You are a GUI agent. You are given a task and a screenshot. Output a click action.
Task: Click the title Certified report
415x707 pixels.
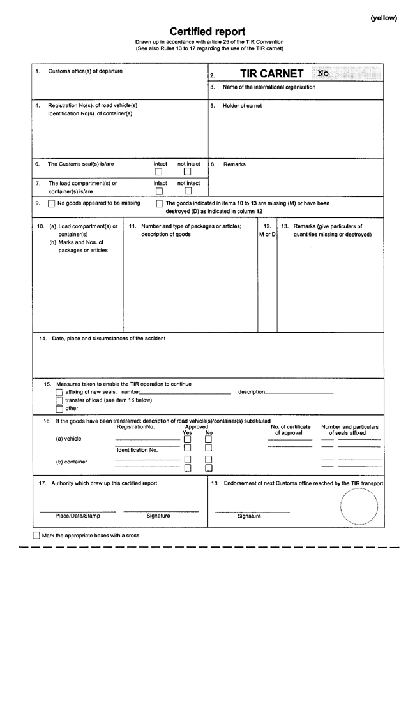[x=207, y=31]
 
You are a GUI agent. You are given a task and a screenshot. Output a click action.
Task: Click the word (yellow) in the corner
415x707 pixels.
[x=384, y=18]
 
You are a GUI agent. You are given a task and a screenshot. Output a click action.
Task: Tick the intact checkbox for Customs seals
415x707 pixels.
[x=159, y=171]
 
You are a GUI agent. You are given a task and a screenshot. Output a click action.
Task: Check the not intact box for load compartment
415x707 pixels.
[x=188, y=191]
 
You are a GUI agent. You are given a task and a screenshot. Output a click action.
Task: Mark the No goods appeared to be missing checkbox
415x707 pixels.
[x=52, y=204]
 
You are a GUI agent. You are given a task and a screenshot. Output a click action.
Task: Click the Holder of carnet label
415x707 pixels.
[x=242, y=106]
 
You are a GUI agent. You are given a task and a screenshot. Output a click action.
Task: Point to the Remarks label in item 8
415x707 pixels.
[x=234, y=164]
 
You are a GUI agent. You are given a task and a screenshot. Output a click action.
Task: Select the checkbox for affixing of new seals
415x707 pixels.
[x=59, y=393]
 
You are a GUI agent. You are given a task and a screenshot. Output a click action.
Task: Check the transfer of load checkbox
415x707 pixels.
[x=59, y=401]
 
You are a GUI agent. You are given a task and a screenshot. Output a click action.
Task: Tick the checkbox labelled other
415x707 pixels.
[x=59, y=409]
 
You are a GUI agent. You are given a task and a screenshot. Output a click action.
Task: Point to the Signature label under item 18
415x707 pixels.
[x=249, y=516]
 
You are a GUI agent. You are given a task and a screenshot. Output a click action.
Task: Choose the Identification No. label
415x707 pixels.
[x=137, y=450]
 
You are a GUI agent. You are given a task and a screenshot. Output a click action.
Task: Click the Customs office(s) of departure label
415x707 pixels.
[x=86, y=71]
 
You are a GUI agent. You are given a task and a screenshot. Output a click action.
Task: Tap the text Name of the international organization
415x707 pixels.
[x=269, y=87]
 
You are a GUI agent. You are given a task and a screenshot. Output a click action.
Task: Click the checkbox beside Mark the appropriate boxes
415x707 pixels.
[x=36, y=536]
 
